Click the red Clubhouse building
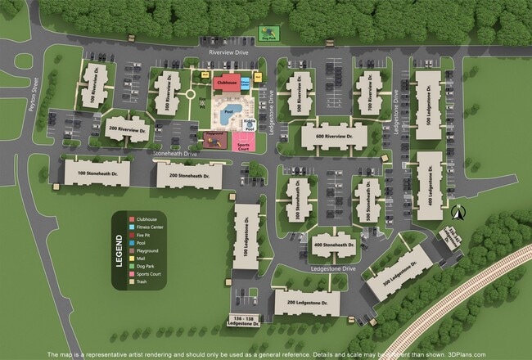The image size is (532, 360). (230, 83)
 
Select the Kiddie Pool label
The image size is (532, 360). (249, 124)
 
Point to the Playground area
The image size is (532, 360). (215, 139)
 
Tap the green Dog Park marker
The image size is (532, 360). (268, 34)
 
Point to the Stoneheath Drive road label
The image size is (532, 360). (175, 153)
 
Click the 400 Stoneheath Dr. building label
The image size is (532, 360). (333, 244)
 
